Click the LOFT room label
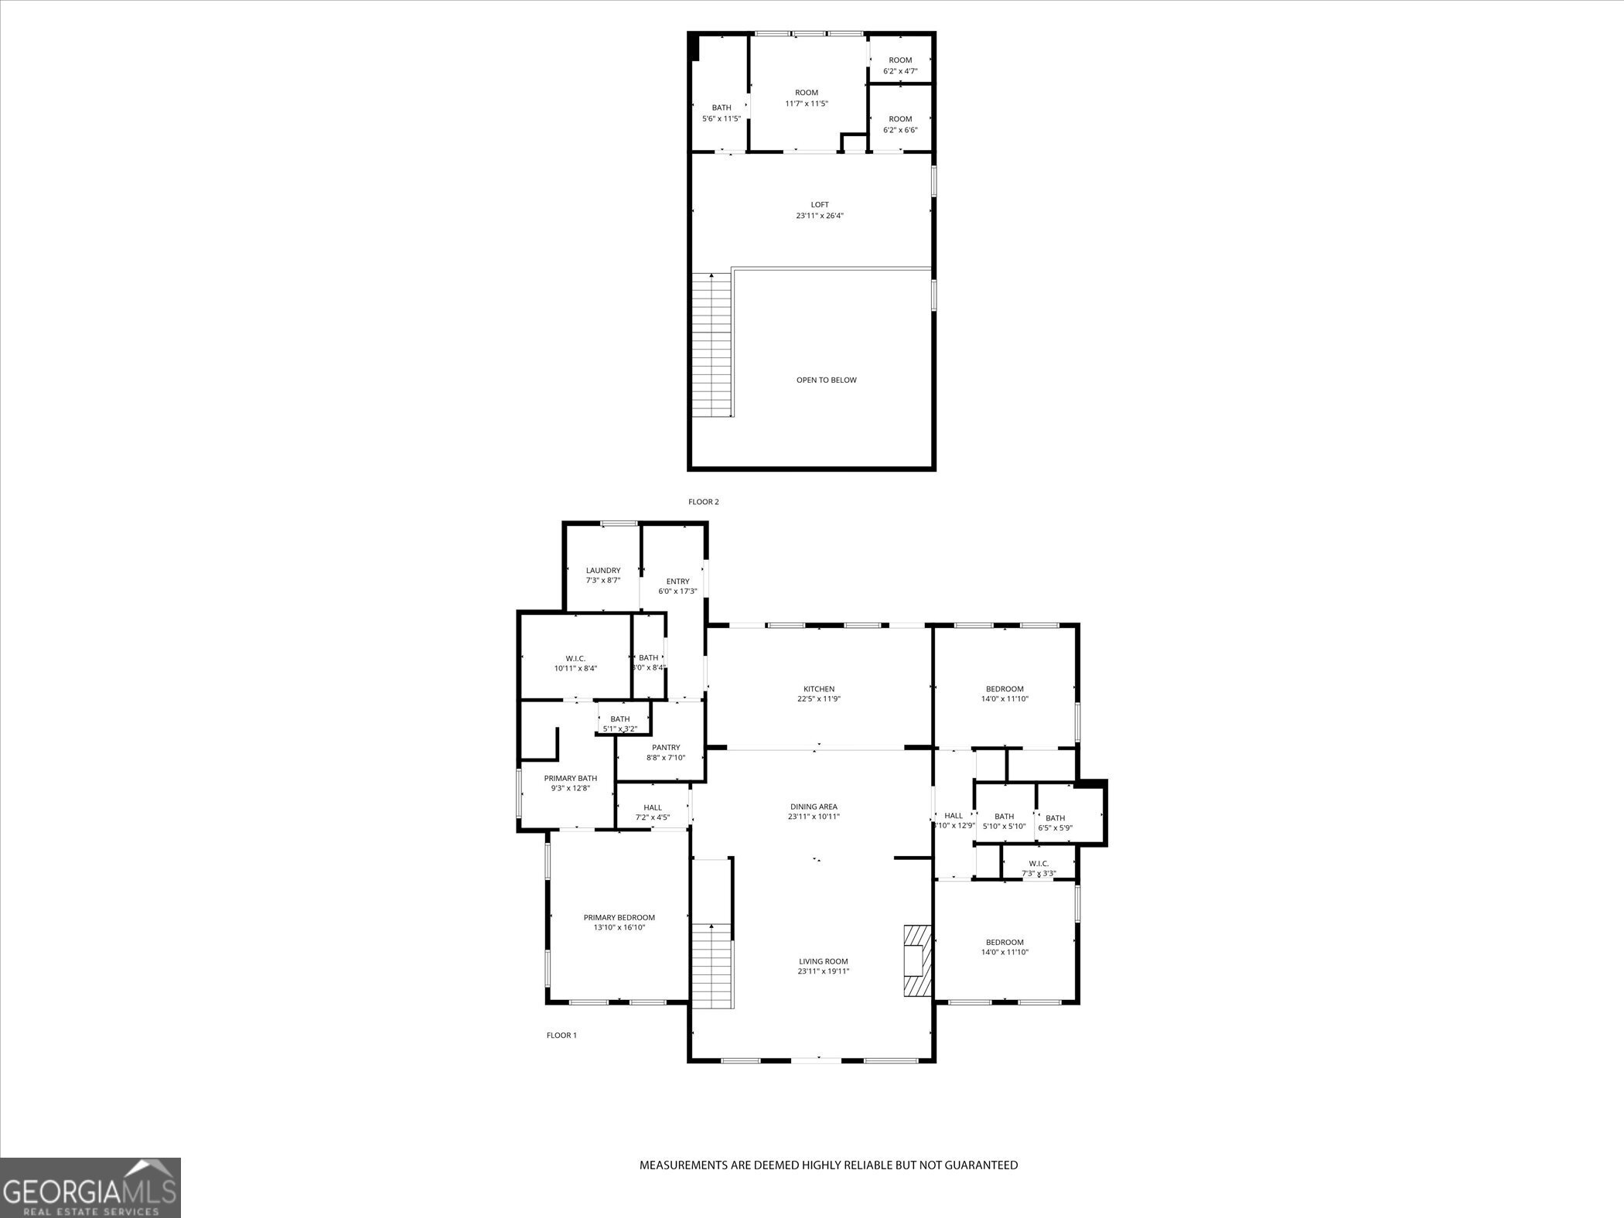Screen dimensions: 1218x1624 click(x=820, y=205)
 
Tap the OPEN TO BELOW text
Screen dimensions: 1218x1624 click(x=826, y=380)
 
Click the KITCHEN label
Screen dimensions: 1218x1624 click(x=819, y=689)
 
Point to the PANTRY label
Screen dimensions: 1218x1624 click(x=665, y=748)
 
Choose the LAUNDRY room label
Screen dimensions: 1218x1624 click(x=602, y=571)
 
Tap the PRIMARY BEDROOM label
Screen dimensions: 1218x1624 click(x=619, y=918)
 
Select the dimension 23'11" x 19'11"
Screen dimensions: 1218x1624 click(x=824, y=971)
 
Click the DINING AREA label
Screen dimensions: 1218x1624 click(x=814, y=807)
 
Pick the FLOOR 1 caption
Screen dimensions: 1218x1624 click(x=561, y=1035)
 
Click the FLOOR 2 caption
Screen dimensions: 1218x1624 click(x=704, y=502)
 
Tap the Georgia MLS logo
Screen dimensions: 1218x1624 click(x=90, y=1188)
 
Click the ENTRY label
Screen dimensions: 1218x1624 click(x=677, y=582)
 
